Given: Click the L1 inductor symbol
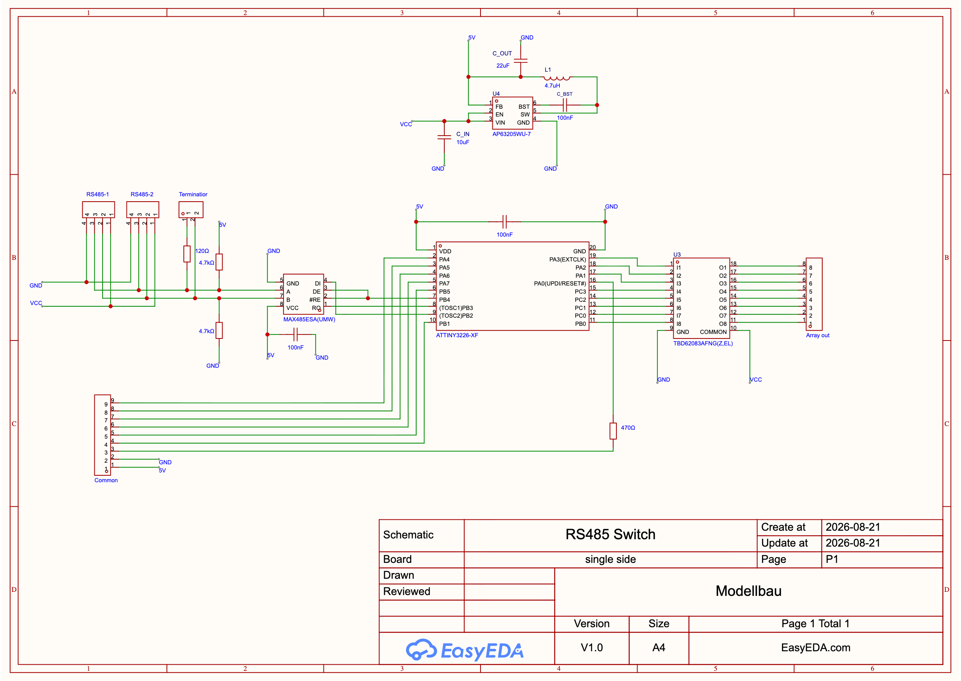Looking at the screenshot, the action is pos(556,77).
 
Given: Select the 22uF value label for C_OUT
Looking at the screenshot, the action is pos(503,66).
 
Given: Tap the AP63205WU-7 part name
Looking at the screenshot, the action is pos(511,134).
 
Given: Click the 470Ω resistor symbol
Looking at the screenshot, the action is pos(613,431).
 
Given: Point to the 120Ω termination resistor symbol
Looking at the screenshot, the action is pos(187,254).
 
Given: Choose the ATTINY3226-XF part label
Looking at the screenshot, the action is pos(456,336).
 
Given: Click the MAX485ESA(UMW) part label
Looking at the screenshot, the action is pos(309,320).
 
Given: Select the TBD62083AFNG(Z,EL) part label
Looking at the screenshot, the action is pos(703,343).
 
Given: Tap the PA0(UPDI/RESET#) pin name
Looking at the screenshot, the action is pos(560,283).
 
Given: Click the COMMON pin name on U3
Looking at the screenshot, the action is pos(713,332).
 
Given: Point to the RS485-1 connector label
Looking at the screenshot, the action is pos(98,194).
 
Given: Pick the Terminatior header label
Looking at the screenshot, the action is pos(193,194).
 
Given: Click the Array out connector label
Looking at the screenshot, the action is pos(817,336).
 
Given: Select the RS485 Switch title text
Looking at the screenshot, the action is pos(610,534).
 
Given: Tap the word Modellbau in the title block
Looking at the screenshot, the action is pos(748,591).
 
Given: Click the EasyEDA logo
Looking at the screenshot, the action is pos(465,650).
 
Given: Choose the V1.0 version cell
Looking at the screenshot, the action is pos(592,648).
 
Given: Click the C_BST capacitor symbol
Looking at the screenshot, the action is pos(565,105).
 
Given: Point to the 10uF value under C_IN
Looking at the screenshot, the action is pos(463,142).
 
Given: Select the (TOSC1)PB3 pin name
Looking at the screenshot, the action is pos(456,308).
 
